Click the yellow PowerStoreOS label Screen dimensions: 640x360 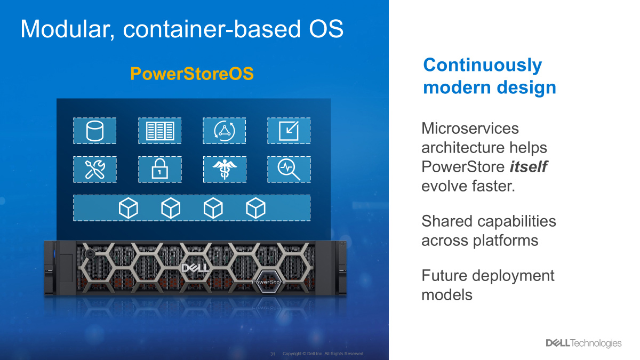point(191,74)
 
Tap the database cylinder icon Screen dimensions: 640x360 point(94,131)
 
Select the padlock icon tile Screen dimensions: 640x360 point(159,169)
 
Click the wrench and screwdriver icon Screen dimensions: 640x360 point(95,169)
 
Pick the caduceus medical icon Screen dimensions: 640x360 point(225,169)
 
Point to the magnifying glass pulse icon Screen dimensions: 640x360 point(289,170)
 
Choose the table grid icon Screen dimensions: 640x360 point(159,131)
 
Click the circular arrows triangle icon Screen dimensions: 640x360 point(225,131)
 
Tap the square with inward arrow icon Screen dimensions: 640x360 point(289,131)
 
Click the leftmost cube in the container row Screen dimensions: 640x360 point(129,208)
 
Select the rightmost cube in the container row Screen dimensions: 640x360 point(255,208)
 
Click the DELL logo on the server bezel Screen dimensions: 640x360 point(195,268)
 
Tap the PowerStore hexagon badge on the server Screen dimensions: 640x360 point(269,282)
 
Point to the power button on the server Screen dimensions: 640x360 point(90,254)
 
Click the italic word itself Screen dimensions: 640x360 point(529,166)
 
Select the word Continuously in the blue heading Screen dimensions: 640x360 point(483,65)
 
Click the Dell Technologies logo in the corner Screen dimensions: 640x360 point(583,343)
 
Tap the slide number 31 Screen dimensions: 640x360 point(273,354)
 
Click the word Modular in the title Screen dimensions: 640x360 point(67,29)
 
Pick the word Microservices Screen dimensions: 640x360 point(470,129)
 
